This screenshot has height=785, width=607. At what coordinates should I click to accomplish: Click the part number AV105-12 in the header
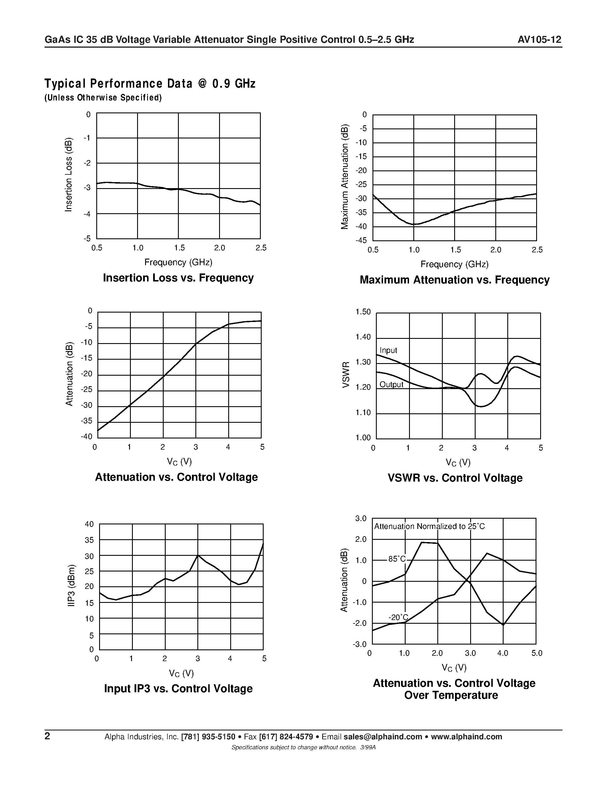pos(539,40)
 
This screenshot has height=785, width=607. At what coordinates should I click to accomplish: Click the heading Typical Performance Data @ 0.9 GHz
pos(150,84)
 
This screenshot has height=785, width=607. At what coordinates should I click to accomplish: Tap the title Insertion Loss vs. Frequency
pos(178,278)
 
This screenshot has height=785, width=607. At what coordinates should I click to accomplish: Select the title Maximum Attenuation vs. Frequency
pos(454,280)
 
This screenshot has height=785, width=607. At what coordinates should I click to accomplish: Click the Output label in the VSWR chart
pos(391,385)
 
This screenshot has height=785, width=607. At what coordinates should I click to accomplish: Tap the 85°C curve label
pos(397,559)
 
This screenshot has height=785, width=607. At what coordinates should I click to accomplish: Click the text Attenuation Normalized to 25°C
pos(429,527)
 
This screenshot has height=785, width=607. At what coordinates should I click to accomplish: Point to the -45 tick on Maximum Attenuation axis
pos(361,240)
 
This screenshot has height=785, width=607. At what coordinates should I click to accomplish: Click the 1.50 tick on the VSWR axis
pos(363,312)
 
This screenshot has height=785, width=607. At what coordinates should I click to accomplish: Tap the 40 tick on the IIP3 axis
pos(89,524)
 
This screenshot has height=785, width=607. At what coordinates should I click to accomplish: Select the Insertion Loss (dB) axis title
pos(68,175)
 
